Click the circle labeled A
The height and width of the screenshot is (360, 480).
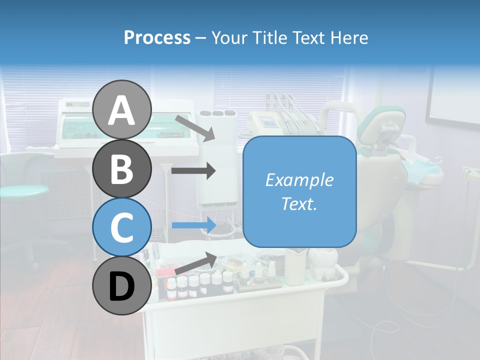coord(121,110)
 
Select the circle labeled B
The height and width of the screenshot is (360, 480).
coord(121,169)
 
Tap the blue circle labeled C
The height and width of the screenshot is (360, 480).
coord(121,227)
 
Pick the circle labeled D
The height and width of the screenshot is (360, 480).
coord(121,286)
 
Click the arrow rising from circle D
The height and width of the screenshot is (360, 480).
coord(195,263)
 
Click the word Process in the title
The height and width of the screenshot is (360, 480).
coord(157,37)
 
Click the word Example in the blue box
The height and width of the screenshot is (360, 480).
coord(299,180)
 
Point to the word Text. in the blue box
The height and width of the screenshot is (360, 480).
coord(299,203)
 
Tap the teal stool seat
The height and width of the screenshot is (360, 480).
coord(23,190)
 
